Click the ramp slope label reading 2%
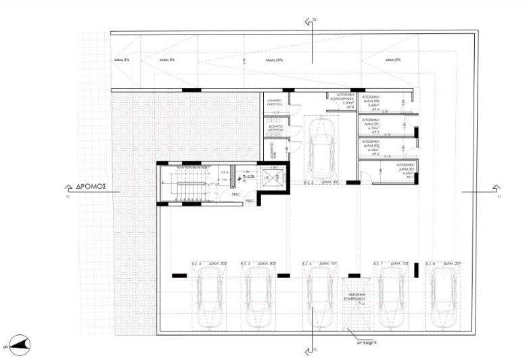pos(122,60)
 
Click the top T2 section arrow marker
pos(311,22)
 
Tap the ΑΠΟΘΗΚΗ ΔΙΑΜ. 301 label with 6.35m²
pos(407,168)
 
